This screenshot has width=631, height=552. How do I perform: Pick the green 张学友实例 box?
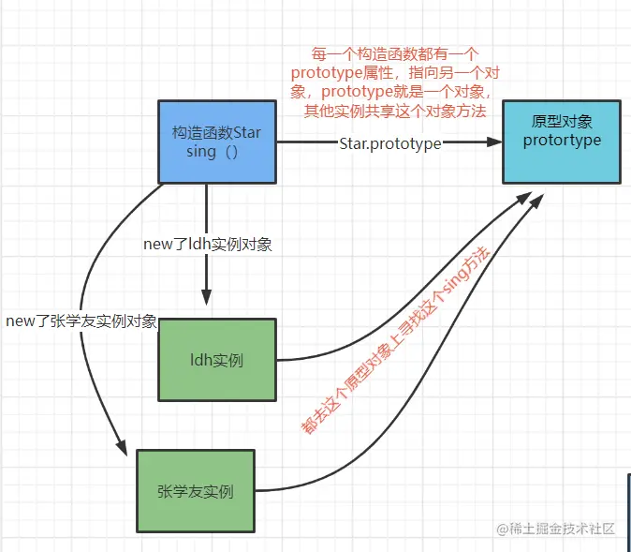point(196,491)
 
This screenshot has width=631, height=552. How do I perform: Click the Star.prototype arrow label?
point(390,142)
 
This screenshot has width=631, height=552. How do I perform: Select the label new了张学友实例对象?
point(81,321)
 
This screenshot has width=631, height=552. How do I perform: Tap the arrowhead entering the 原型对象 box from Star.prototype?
point(494,142)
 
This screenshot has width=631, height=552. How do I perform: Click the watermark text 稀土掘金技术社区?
point(562,529)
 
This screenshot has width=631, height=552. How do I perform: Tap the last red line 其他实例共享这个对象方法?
point(396,112)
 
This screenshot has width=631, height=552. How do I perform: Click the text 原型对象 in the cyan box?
point(562,123)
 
